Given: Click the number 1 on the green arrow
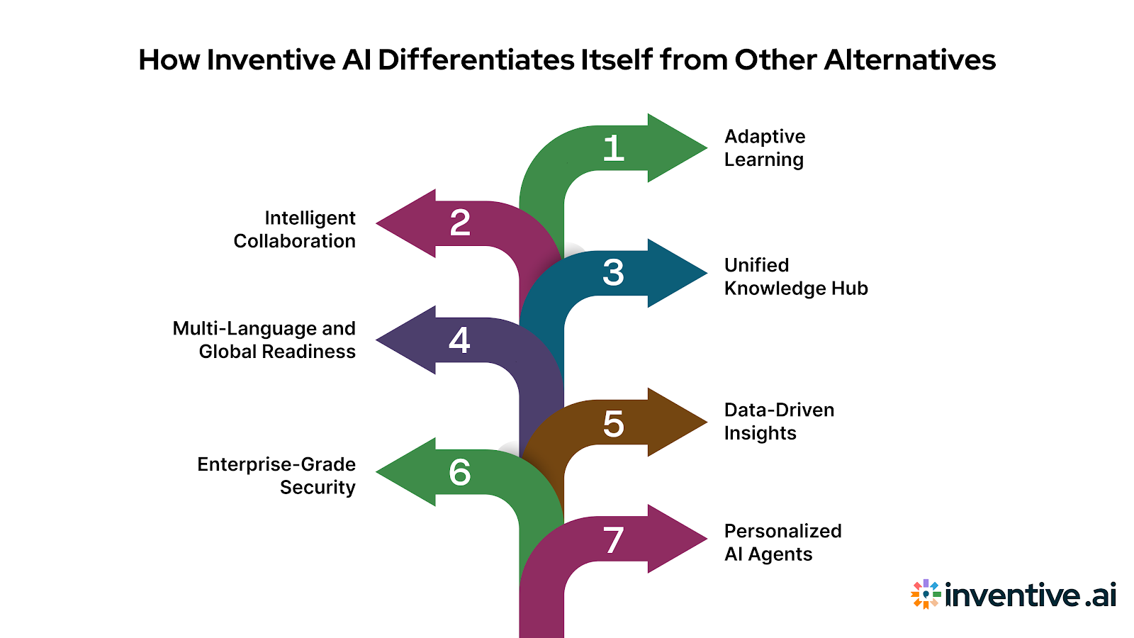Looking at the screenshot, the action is [614, 149].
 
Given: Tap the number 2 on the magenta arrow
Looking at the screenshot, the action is [460, 223].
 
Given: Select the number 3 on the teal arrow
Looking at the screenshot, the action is [614, 273].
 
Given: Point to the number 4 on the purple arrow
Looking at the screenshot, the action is [459, 340].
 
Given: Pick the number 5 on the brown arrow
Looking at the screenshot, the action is [614, 424].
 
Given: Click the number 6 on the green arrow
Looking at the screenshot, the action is [460, 473].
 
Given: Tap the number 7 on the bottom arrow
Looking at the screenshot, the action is [614, 540].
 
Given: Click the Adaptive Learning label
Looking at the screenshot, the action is [764, 148].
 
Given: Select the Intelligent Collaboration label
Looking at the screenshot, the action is [295, 230].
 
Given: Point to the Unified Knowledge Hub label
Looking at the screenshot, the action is [795, 276].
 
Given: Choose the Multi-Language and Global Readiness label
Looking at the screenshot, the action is [264, 340].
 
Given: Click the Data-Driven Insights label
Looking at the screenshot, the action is [778, 422].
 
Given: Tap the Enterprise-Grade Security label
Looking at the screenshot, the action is [277, 476].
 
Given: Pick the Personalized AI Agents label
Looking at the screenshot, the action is [782, 542].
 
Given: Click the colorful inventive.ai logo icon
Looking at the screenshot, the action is [926, 594].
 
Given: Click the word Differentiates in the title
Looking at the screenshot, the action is [476, 60].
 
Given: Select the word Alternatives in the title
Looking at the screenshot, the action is [909, 60].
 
